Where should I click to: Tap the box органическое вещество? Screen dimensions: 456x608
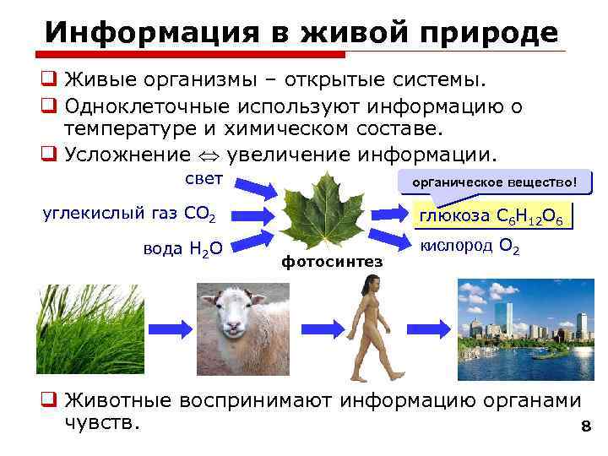point(495,182)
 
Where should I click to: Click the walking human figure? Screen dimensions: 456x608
point(368,328)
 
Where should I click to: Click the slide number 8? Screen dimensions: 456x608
point(584,428)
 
